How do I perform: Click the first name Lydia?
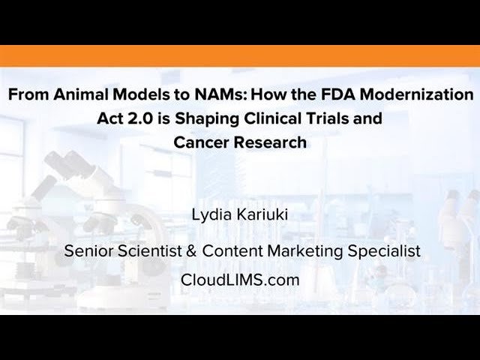tap(211, 217)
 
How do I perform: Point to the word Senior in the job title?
tap(87, 251)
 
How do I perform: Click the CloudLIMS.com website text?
tap(240, 280)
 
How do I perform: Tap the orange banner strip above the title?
tap(240, 55)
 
